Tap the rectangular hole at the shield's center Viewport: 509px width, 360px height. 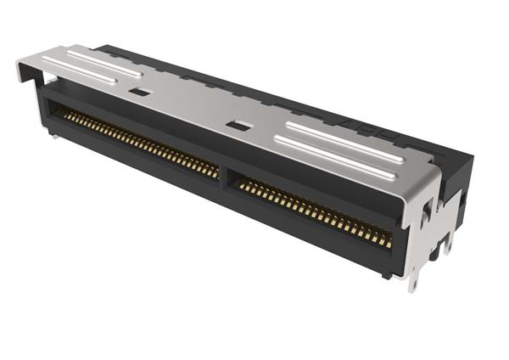(x=242, y=126)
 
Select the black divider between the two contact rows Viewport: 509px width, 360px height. (x=225, y=176)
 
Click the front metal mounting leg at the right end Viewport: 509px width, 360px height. (x=415, y=276)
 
